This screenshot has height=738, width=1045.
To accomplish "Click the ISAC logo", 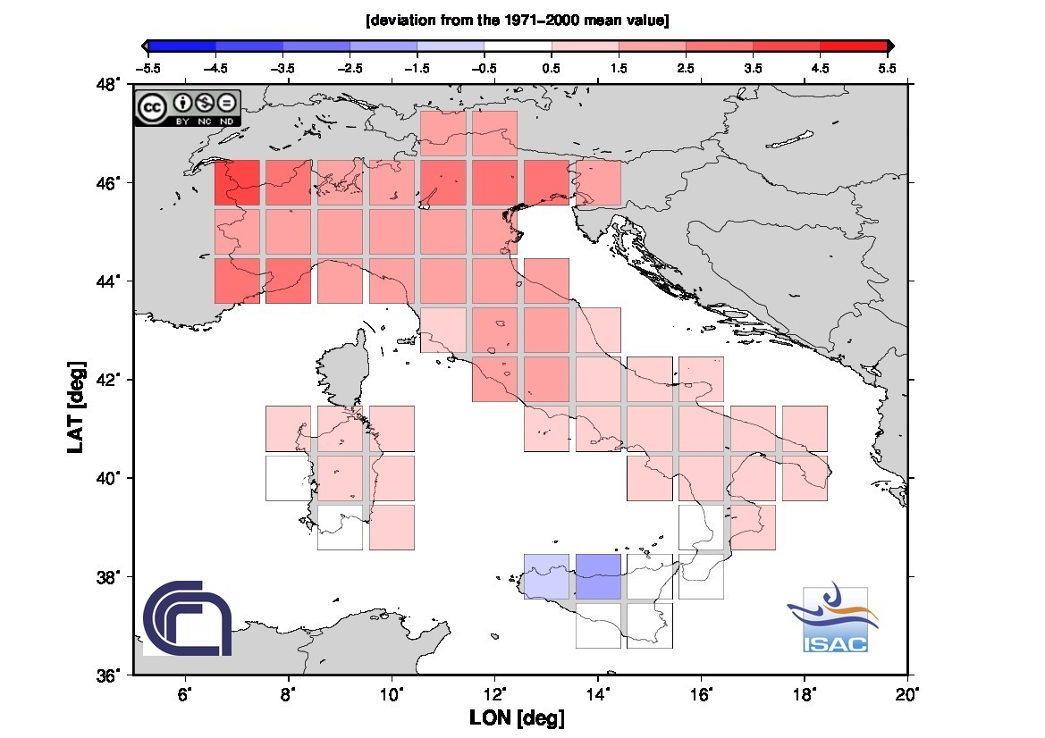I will (x=834, y=618).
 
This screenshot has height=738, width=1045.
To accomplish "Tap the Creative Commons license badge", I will (x=188, y=108).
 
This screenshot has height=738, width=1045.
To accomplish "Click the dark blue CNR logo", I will (x=188, y=617).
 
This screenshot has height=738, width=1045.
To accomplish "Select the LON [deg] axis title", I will (x=517, y=718).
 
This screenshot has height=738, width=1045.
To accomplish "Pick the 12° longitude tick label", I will (x=495, y=693).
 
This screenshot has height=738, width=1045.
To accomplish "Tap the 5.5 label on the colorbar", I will (x=887, y=67).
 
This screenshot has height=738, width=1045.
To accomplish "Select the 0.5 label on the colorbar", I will (x=552, y=67).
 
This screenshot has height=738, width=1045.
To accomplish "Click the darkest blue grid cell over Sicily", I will (x=598, y=576).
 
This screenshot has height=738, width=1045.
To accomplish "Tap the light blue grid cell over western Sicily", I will (x=546, y=576).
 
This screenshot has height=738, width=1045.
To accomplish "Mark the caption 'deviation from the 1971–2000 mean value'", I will (x=518, y=20).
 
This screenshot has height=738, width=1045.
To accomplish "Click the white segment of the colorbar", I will (x=518, y=46).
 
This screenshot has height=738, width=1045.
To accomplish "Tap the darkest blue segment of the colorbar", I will (x=181, y=46).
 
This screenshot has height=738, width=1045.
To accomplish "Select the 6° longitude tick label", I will (x=185, y=693).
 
